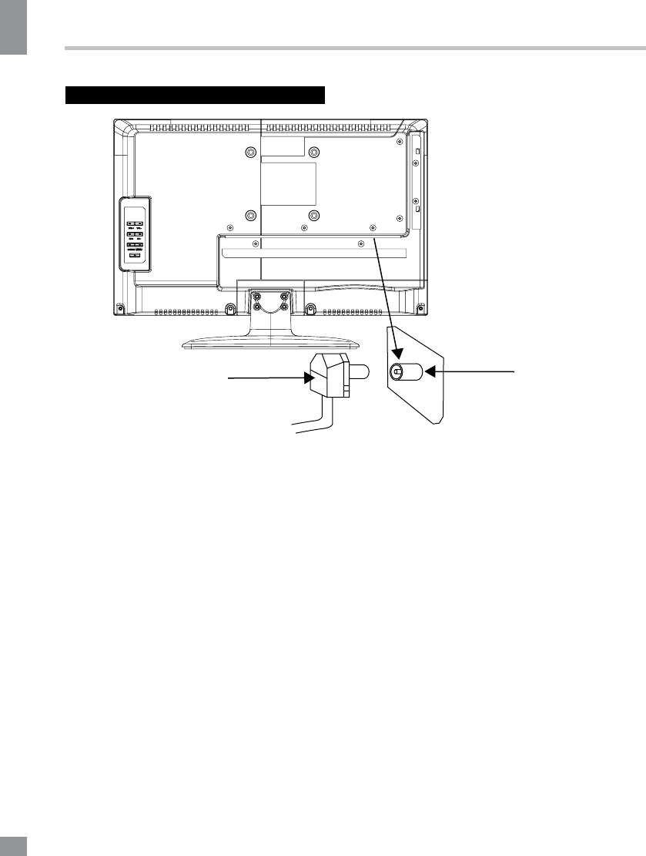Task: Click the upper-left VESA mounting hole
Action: coord(249,152)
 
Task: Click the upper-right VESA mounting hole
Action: coord(313,152)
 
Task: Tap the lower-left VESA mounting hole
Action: coord(249,215)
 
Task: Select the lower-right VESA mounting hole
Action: coord(313,215)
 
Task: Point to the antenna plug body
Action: coord(328,378)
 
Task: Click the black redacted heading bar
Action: coord(196,96)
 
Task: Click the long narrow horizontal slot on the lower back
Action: coord(313,253)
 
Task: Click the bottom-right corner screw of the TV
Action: coord(421,309)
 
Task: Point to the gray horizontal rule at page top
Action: coord(354,48)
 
